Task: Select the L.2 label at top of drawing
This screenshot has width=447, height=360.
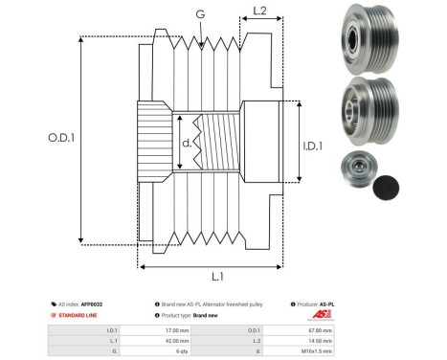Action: click(x=259, y=12)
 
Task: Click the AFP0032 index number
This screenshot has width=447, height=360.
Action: click(x=92, y=304)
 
